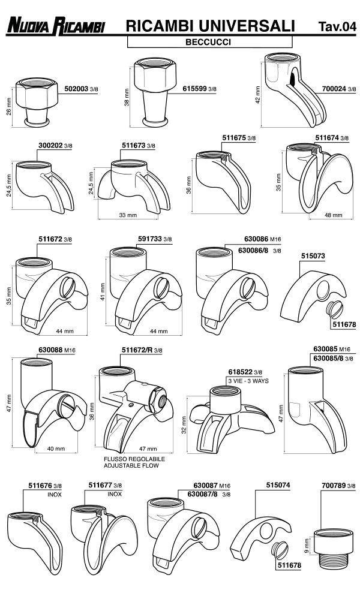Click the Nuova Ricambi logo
[x=55, y=26]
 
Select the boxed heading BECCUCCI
[x=209, y=43]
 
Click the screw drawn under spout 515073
[x=330, y=310]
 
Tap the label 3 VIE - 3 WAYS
[x=249, y=381]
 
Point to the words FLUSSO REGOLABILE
[x=134, y=459]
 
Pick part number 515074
[x=277, y=486]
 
